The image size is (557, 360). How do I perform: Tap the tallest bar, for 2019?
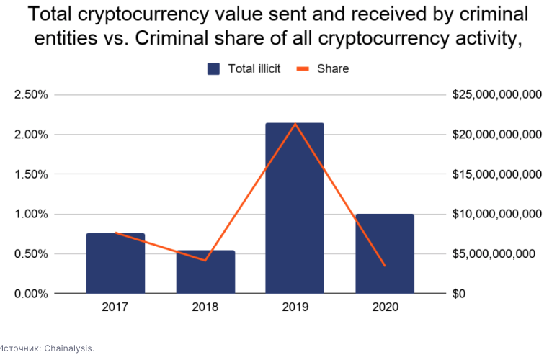295,208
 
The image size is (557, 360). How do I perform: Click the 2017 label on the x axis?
115,307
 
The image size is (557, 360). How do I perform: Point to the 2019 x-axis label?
295,307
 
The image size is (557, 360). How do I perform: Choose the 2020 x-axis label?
385,307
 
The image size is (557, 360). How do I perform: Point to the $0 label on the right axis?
458,294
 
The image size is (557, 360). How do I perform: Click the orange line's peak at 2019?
295,124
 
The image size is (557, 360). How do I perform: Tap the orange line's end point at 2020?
385,266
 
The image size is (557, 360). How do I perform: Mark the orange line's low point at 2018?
205,261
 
